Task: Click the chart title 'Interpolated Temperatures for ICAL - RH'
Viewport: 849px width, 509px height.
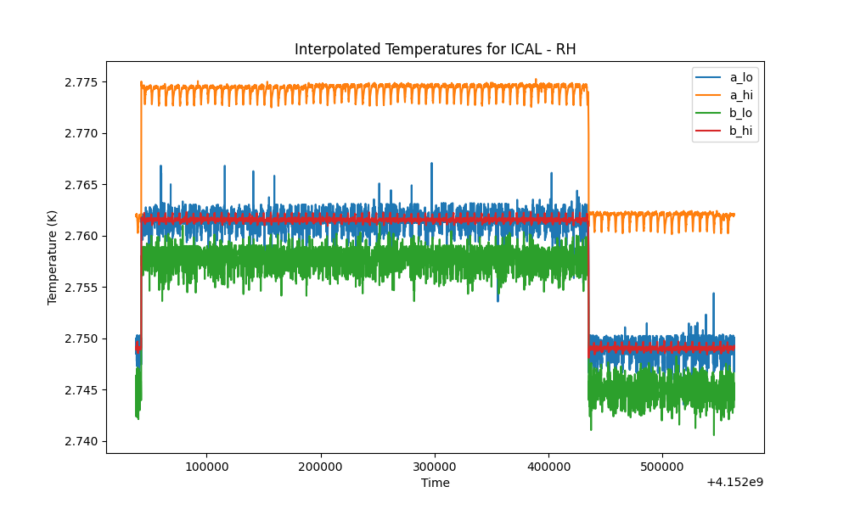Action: click(x=435, y=49)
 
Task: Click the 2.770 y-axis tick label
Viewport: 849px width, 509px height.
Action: click(x=82, y=133)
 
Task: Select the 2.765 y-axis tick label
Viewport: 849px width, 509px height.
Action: click(x=82, y=185)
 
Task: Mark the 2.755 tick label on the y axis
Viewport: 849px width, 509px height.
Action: click(x=82, y=288)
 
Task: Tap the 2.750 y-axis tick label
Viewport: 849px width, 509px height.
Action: click(x=82, y=338)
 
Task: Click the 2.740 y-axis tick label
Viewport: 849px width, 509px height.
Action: click(x=82, y=441)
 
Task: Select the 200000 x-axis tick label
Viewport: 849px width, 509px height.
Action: click(x=321, y=467)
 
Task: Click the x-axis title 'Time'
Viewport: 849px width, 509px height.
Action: click(x=436, y=483)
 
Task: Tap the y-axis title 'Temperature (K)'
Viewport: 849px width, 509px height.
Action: click(x=52, y=258)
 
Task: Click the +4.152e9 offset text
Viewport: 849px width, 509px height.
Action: click(x=734, y=482)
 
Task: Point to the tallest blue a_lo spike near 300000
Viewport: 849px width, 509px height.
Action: click(x=431, y=163)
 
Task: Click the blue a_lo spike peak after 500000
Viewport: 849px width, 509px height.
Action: click(x=714, y=294)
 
